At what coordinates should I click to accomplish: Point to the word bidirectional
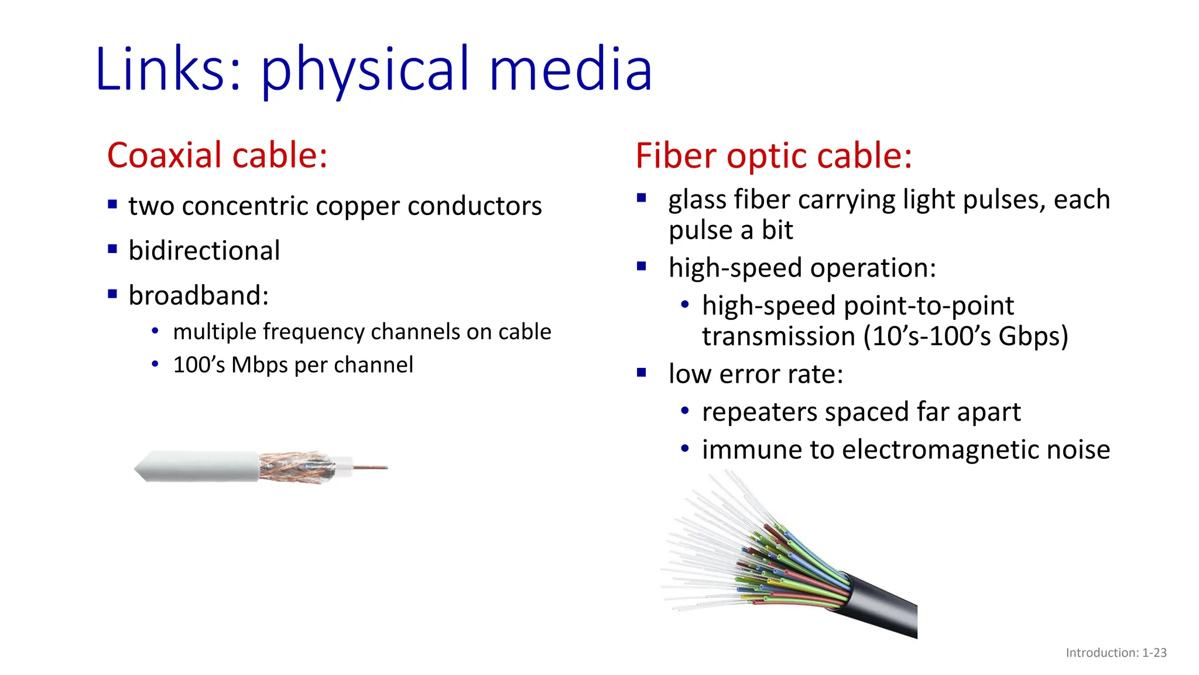coord(204,251)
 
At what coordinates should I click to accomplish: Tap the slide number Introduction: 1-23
coord(1116,653)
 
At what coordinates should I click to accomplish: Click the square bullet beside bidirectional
coord(113,249)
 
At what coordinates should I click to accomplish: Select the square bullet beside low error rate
coord(642,373)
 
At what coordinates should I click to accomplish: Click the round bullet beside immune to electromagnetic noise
coord(685,449)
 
